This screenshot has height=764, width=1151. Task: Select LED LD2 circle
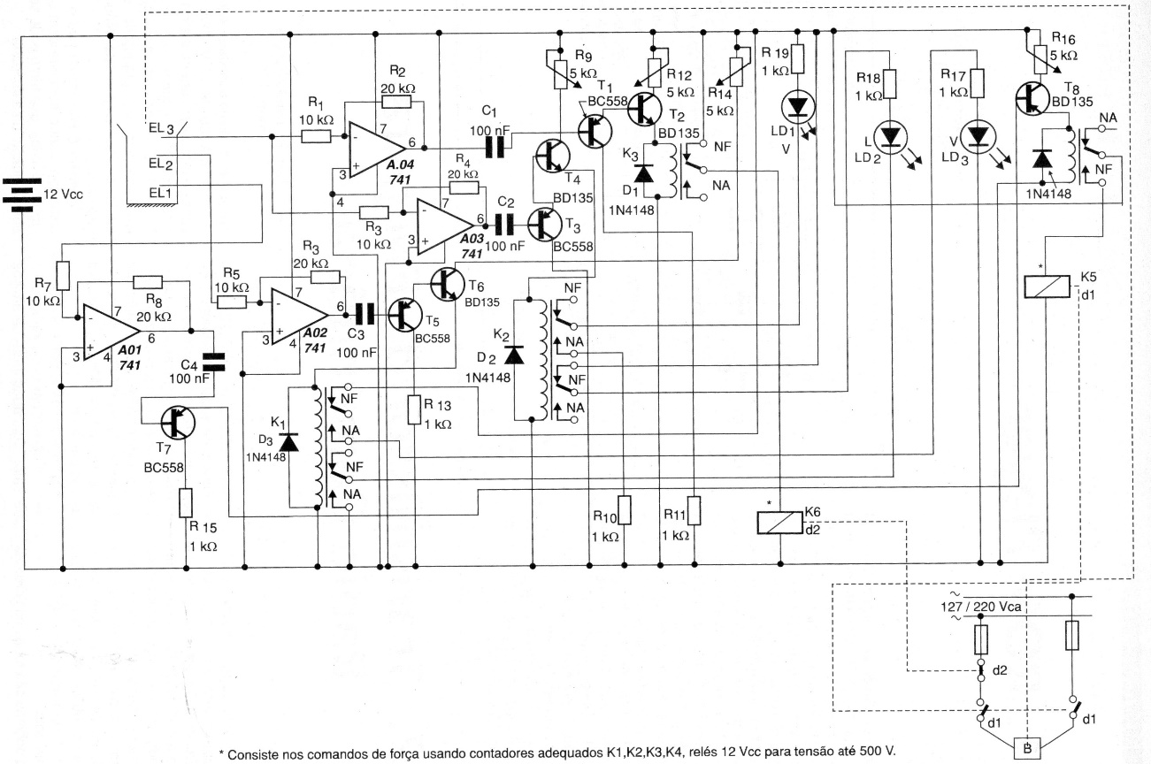[x=889, y=135]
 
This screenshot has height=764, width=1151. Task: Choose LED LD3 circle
[x=978, y=135]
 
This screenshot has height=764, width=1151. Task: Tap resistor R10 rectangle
[x=625, y=511]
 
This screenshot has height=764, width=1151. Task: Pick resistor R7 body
[x=62, y=272]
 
